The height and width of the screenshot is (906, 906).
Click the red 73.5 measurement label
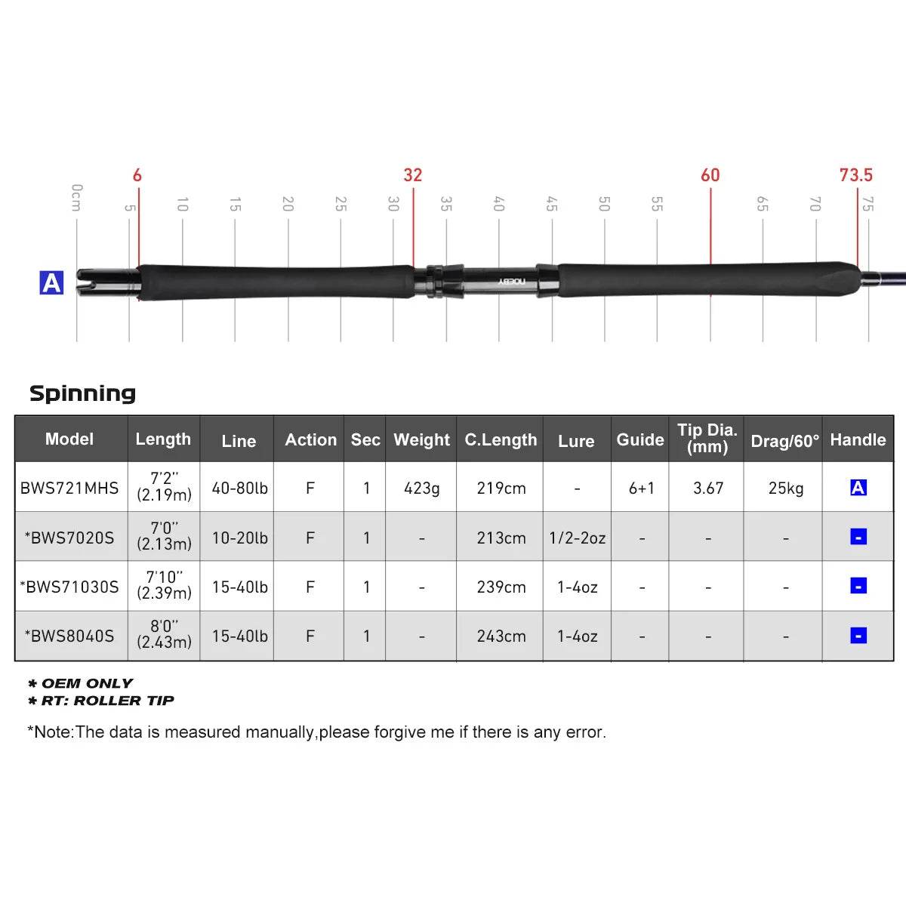click(855, 175)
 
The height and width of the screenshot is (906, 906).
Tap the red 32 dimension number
click(412, 175)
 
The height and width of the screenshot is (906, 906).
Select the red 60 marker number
click(710, 175)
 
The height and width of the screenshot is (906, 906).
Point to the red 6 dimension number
click(137, 175)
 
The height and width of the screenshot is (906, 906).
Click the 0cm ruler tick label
click(76, 197)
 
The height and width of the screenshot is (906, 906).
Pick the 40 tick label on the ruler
click(498, 204)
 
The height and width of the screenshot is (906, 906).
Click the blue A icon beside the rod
click(51, 283)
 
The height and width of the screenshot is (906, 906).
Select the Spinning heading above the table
click(82, 393)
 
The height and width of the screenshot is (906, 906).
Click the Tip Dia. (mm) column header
click(707, 439)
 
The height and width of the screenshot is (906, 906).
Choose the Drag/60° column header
click(784, 441)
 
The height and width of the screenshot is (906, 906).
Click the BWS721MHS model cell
click(69, 488)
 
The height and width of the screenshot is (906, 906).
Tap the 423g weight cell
click(421, 488)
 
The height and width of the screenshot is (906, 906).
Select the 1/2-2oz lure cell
click(577, 538)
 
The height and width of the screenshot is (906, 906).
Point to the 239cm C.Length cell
click(501, 587)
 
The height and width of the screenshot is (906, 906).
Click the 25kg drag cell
click(785, 488)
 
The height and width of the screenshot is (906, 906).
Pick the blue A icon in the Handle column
click(858, 488)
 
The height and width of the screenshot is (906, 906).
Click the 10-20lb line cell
click(239, 538)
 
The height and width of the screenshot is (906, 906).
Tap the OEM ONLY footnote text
click(86, 683)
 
